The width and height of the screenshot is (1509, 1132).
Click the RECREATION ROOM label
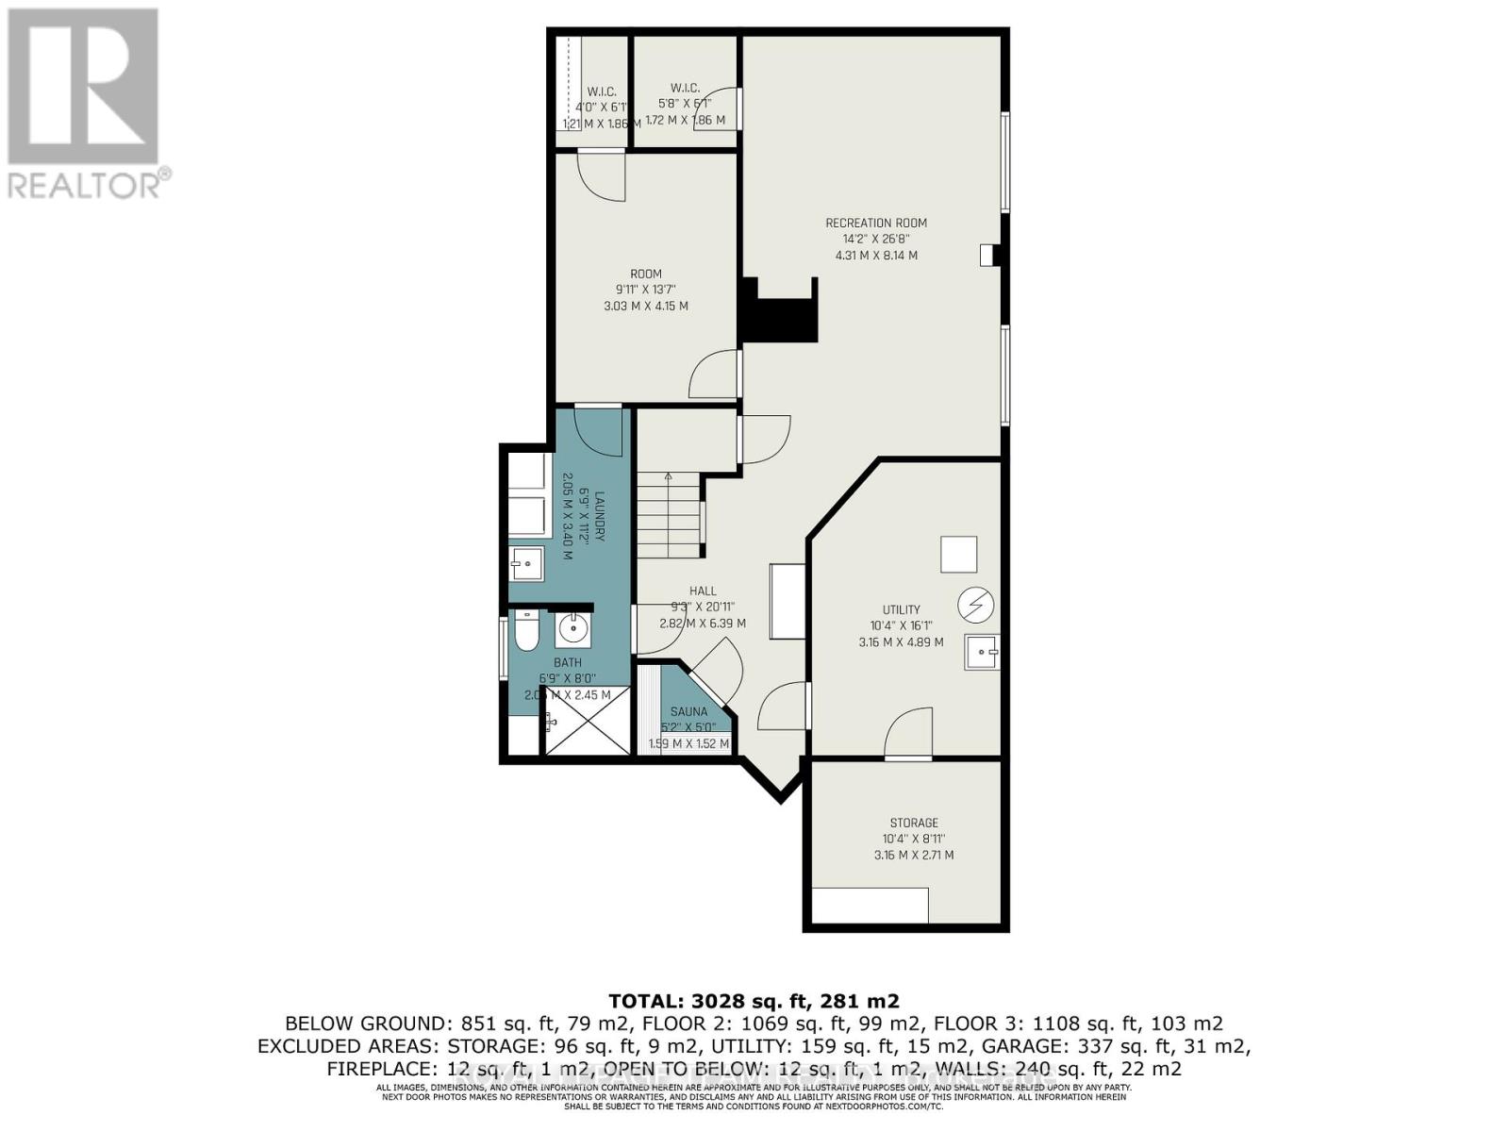(875, 224)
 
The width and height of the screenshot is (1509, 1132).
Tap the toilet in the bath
(526, 631)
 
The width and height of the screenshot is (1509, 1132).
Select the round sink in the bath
(572, 626)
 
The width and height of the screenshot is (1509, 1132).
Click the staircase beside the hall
(670, 517)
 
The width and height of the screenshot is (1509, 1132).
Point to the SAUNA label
(688, 712)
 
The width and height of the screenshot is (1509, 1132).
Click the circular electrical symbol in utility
(975, 605)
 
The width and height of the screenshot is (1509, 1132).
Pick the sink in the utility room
(982, 652)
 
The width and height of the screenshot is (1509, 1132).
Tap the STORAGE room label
(913, 823)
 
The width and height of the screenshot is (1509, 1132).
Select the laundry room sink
(526, 564)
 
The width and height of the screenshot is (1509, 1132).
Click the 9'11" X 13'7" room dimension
(645, 290)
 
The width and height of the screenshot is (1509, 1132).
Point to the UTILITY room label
(901, 609)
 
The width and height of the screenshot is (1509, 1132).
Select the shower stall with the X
(587, 721)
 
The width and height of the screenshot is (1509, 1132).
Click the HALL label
(703, 591)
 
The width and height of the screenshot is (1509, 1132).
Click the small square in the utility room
(958, 554)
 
